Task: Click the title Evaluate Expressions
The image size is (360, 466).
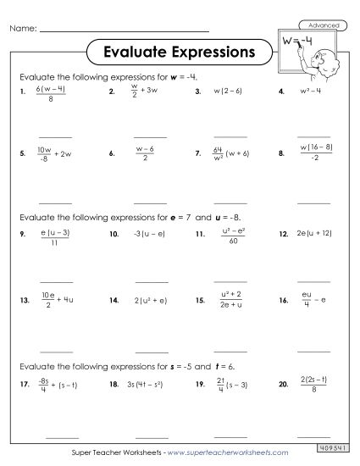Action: (x=178, y=52)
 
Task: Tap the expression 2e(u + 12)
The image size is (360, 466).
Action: (x=317, y=230)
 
